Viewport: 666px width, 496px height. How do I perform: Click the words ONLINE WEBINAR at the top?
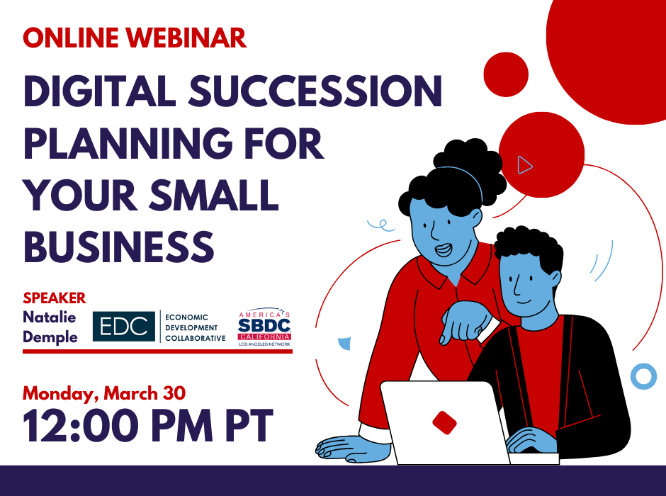tap(135, 38)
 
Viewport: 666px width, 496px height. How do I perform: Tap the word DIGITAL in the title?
tap(100, 91)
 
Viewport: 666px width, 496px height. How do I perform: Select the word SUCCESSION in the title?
tap(315, 91)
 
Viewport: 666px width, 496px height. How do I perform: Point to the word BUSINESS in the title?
tap(118, 247)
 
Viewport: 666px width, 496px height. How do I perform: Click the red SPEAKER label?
tap(55, 298)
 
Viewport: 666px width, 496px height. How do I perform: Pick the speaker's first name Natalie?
tap(50, 317)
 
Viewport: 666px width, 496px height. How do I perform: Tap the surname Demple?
tap(50, 337)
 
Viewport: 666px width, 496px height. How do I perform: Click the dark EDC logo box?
tap(124, 326)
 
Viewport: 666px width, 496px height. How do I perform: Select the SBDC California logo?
tap(264, 327)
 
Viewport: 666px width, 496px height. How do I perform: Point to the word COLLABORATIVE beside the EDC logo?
tap(196, 338)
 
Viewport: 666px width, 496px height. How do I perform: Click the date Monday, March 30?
tap(104, 394)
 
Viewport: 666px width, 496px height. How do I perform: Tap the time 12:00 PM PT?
tap(148, 426)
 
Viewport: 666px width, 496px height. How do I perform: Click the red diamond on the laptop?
tap(444, 422)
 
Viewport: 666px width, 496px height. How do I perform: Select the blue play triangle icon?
tap(524, 165)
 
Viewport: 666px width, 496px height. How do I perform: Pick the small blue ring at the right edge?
tap(643, 376)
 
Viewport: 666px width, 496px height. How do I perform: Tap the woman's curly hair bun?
tap(469, 166)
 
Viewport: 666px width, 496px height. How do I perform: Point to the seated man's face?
tap(526, 283)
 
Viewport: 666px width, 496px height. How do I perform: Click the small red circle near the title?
tap(506, 74)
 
